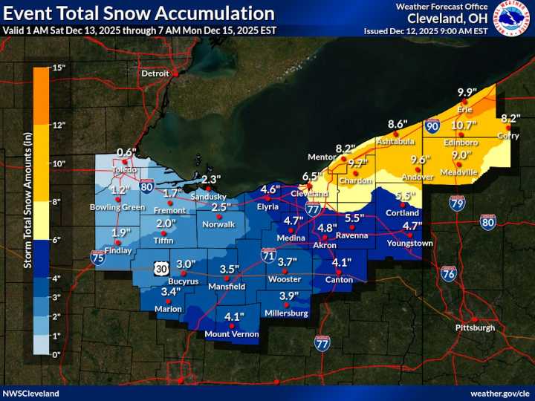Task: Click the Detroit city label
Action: coord(155,74)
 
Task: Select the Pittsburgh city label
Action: coord(475,327)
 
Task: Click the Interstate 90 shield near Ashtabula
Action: coord(432,127)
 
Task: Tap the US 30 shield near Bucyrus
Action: coord(163,265)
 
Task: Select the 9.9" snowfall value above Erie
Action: coord(467,92)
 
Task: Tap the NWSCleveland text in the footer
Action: coord(30,393)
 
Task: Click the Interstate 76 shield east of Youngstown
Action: coord(449,273)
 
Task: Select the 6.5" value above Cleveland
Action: coord(314,176)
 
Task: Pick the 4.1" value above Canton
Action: coord(340,263)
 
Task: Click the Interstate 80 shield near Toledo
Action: coord(147,187)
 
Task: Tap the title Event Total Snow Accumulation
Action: coord(138,13)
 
